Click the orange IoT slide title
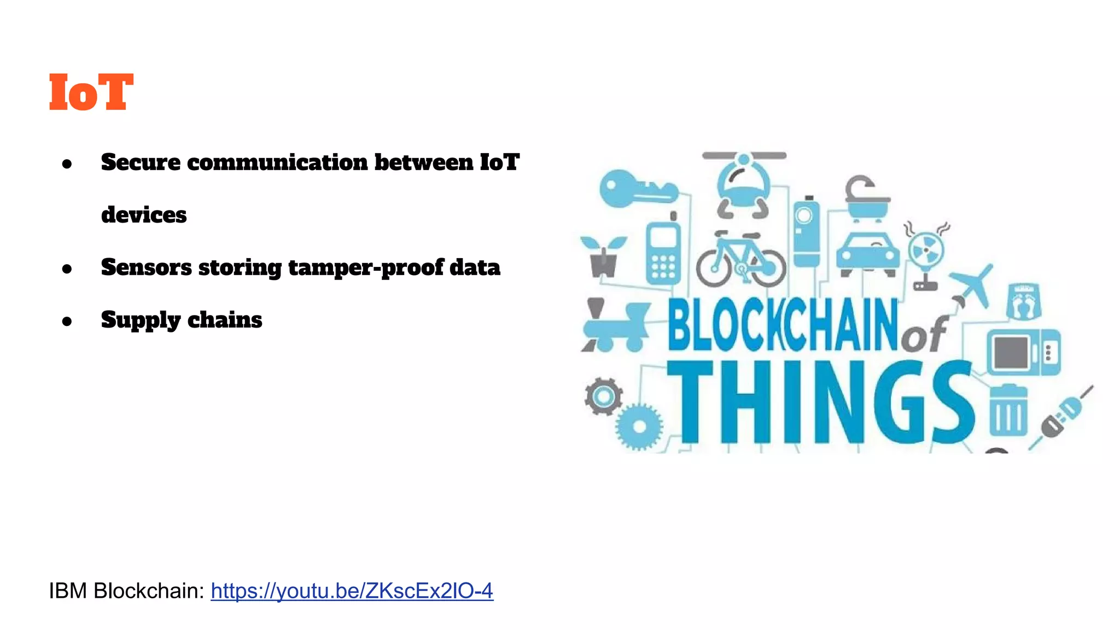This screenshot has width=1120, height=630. coord(91,92)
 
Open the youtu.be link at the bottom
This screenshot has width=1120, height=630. coord(352,591)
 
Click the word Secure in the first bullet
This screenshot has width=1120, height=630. coord(141,162)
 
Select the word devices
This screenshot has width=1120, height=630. coord(144,214)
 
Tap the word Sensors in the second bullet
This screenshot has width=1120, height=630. coord(146,267)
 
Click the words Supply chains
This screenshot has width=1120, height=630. coord(182,320)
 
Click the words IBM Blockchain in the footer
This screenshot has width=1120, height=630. coord(126,591)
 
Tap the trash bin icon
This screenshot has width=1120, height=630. coord(1008,410)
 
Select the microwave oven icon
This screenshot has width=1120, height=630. coord(1023,352)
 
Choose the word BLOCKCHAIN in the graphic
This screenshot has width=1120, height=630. coord(783,325)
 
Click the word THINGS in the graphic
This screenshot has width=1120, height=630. coord(821,403)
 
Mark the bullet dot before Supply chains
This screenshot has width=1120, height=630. coord(67,321)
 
